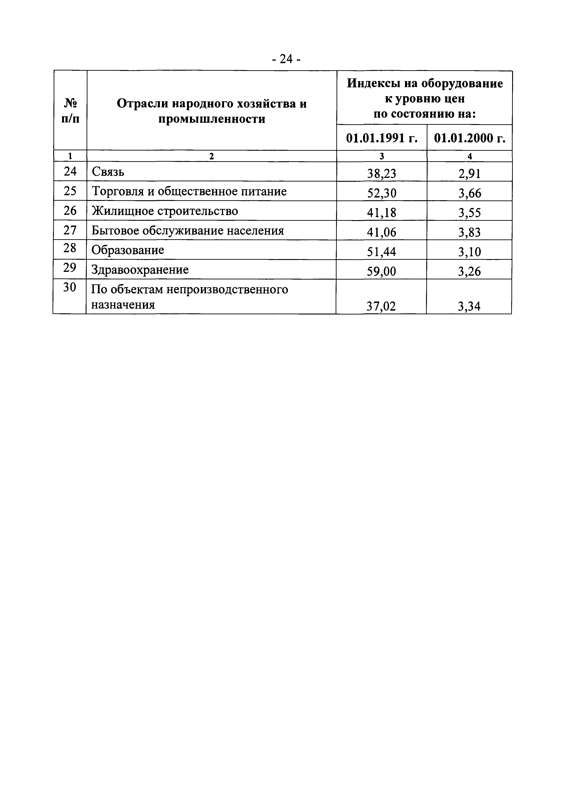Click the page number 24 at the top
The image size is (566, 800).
(x=286, y=60)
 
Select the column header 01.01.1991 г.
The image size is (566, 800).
(x=382, y=138)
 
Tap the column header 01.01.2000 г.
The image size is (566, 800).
(x=469, y=138)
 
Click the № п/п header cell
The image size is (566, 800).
(x=70, y=110)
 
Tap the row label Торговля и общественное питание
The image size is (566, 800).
(x=189, y=191)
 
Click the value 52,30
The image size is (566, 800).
(x=382, y=193)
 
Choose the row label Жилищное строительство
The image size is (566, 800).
(x=165, y=211)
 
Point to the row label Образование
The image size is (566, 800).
(x=128, y=250)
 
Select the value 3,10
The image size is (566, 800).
(x=469, y=252)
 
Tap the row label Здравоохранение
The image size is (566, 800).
(x=140, y=270)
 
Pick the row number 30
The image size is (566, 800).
(x=70, y=287)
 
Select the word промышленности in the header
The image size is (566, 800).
(x=212, y=119)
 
